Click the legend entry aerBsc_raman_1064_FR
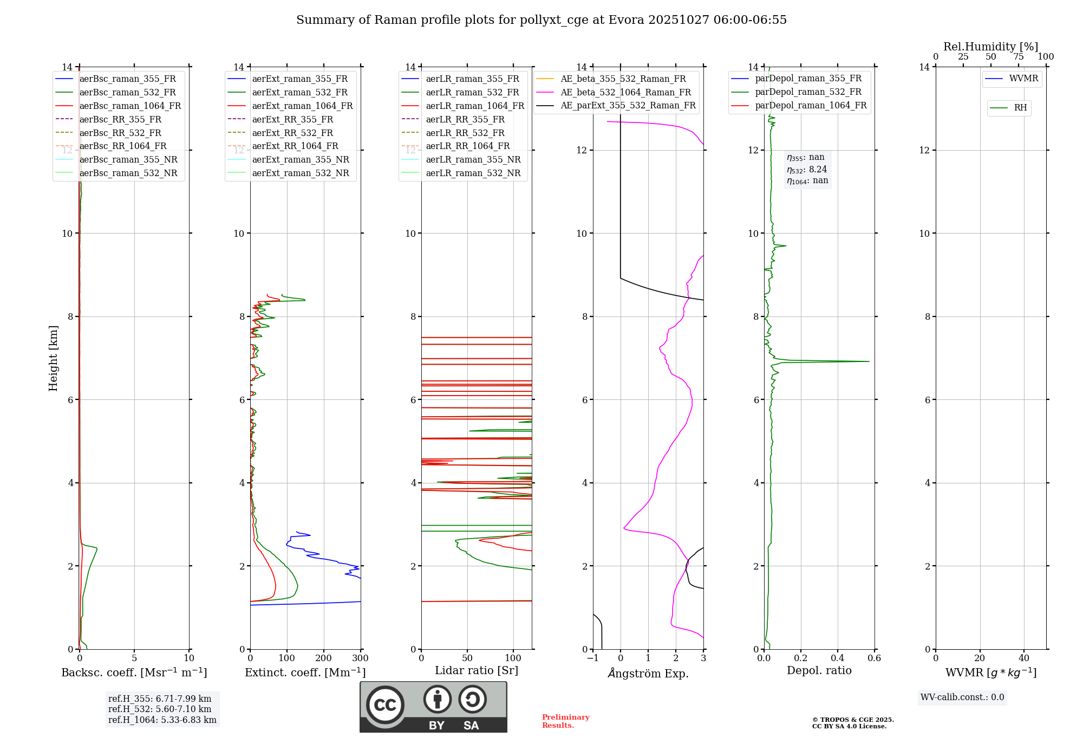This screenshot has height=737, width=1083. tap(130, 106)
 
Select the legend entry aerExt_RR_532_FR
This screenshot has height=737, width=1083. tap(292, 133)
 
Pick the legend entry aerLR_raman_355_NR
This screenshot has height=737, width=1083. tap(473, 160)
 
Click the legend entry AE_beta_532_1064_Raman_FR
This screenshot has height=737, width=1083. tap(625, 93)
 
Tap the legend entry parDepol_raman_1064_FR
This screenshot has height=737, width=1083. tap(811, 106)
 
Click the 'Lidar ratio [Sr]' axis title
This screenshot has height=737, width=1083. tap(476, 670)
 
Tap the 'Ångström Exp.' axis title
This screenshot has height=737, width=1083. tap(648, 674)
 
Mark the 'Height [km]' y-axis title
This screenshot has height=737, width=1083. tap(53, 358)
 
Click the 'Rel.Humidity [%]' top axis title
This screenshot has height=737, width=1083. tap(990, 47)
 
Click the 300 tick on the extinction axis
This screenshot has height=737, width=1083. tap(361, 658)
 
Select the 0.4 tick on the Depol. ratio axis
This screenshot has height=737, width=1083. tap(837, 658)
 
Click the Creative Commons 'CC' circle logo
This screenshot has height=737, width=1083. tap(385, 705)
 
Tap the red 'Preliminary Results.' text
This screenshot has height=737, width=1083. tap(565, 721)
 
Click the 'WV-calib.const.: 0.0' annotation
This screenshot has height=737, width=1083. tap(962, 697)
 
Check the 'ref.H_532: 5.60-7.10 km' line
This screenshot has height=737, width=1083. tap(160, 709)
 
